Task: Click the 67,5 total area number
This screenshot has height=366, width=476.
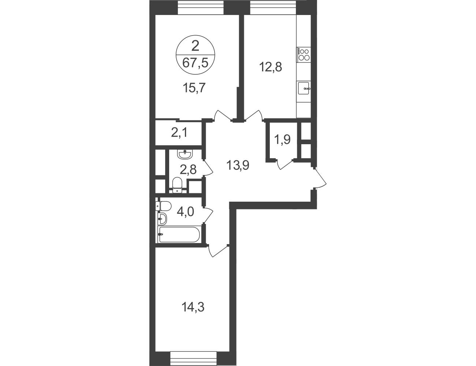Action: pos(195,64)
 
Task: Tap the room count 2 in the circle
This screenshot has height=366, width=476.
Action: pos(195,46)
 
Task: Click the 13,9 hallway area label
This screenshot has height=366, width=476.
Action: pos(238,165)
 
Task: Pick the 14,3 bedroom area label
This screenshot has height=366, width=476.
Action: pos(193,307)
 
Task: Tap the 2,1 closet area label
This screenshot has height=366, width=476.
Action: pos(179,132)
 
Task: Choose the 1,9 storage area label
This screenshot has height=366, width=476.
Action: pos(282,139)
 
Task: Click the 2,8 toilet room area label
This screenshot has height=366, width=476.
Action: pos(188,170)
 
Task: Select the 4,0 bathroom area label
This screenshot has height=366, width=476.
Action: pos(186,212)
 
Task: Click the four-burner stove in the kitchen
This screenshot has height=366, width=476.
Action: pos(304,55)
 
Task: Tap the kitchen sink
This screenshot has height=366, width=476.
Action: pos(304,88)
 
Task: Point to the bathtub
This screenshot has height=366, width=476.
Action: pos(179,235)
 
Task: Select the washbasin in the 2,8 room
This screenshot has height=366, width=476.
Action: pos(185,154)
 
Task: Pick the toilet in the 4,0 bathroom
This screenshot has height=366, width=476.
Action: pos(163,206)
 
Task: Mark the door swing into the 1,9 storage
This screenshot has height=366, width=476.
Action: pos(285,165)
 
